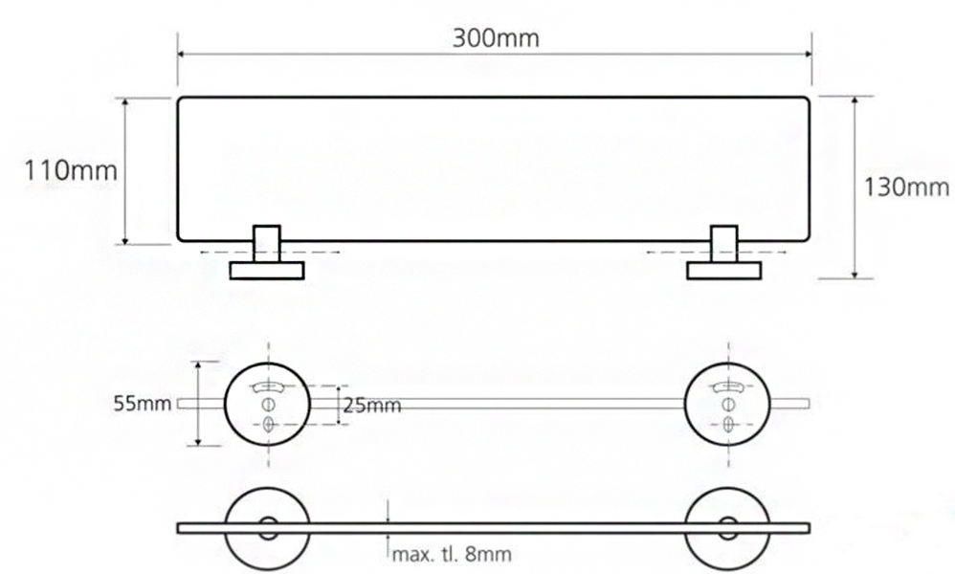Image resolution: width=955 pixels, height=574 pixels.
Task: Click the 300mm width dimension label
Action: pyautogui.click(x=495, y=38)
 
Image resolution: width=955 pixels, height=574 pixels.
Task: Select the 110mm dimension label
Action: pyautogui.click(x=58, y=172)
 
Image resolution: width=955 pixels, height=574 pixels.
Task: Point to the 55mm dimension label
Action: pyautogui.click(x=140, y=404)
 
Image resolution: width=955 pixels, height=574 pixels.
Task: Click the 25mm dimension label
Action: pyautogui.click(x=371, y=406)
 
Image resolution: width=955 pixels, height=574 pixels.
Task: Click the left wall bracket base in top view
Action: pyautogui.click(x=266, y=271)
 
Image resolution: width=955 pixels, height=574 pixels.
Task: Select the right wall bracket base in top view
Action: pyautogui.click(x=723, y=271)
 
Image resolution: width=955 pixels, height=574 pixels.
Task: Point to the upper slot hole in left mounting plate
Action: pyautogui.click(x=267, y=386)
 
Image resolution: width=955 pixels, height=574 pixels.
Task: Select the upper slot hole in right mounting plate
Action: pyautogui.click(x=728, y=386)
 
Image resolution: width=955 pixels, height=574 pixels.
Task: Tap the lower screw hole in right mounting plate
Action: pyautogui.click(x=728, y=422)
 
